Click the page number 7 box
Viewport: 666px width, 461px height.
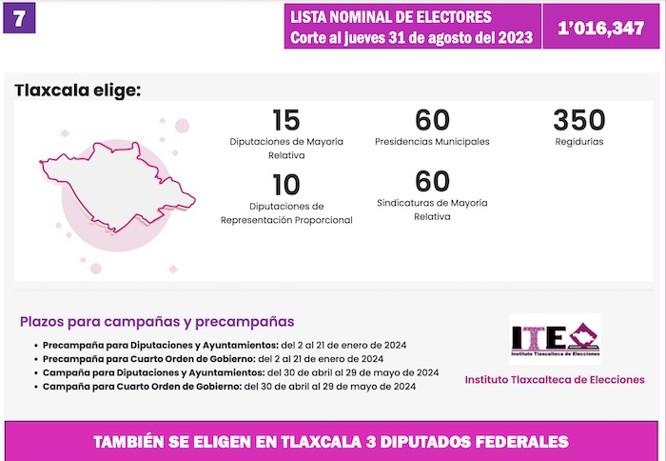20,18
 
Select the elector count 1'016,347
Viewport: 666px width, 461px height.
601,28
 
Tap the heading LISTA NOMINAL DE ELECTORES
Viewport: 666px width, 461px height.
391,17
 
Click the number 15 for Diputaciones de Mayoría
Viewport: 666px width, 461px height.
285,120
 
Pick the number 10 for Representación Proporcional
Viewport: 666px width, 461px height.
285,184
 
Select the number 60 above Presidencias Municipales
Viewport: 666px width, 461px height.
432,120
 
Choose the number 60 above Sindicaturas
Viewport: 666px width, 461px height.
432,180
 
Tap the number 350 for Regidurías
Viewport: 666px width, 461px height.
578,120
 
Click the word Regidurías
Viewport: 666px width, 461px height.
578,142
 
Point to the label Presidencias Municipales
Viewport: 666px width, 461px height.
432,142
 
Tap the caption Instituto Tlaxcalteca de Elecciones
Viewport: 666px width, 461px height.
555,379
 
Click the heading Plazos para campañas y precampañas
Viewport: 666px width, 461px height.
157,321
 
